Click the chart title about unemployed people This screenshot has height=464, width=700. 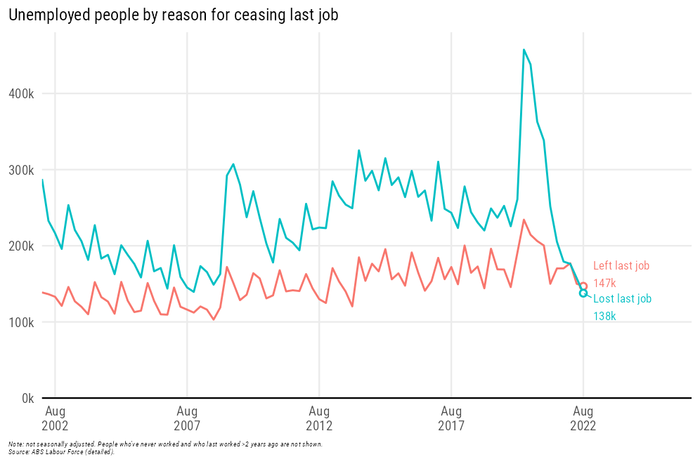173,15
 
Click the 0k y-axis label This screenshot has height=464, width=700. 27,398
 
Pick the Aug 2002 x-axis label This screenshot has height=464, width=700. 55,418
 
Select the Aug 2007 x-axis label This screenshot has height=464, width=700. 187,418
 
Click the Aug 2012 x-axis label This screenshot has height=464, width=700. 319,418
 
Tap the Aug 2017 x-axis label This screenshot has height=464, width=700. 451,418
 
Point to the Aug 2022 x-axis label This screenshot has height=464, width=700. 583,418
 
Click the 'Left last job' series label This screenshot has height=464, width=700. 621,266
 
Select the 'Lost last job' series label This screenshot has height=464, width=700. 623,299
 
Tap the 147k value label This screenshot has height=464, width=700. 604,284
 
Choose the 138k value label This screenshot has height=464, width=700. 604,317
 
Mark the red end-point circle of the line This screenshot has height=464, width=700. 583,286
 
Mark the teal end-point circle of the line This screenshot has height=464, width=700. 583,293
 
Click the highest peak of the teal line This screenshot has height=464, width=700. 524,50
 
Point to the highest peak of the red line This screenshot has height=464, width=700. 524,220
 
